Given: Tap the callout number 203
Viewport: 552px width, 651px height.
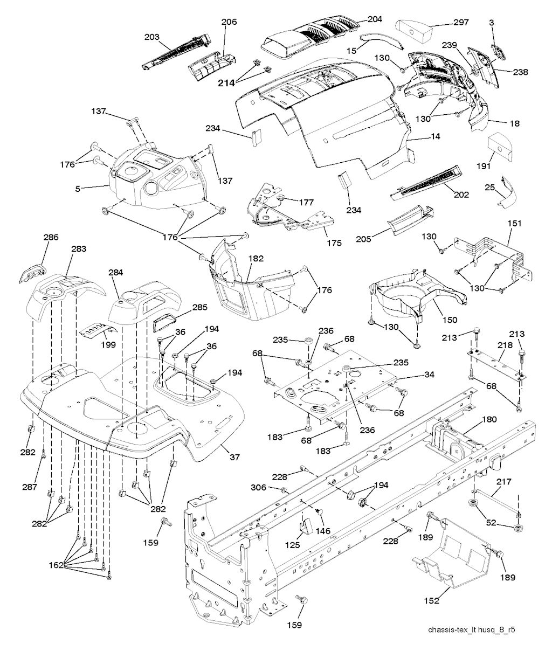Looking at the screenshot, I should pyautogui.click(x=153, y=37).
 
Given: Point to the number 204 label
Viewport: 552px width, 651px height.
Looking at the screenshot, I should pyautogui.click(x=374, y=19).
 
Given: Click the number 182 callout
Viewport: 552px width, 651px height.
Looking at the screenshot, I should pyautogui.click(x=256, y=259).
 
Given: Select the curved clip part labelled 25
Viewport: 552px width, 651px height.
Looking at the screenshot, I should pyautogui.click(x=508, y=193).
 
